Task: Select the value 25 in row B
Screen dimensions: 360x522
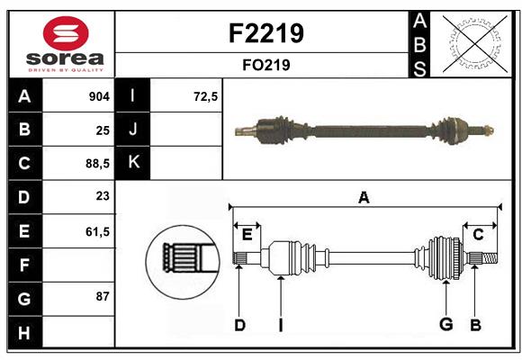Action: pyautogui.click(x=103, y=130)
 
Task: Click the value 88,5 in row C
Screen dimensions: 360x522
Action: pyautogui.click(x=95, y=164)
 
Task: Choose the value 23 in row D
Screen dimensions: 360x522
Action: pyautogui.click(x=103, y=197)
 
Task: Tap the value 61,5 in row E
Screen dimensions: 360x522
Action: pyautogui.click(x=96, y=231)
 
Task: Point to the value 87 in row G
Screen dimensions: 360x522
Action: pyautogui.click(x=103, y=296)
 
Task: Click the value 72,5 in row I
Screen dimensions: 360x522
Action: pyautogui.click(x=206, y=96)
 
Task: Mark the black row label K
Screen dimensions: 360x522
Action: pyautogui.click(x=134, y=163)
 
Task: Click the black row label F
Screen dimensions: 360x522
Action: pyautogui.click(x=24, y=265)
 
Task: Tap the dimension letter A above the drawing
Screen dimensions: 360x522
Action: pyautogui.click(x=364, y=197)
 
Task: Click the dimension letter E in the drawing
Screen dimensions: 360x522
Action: pyautogui.click(x=247, y=234)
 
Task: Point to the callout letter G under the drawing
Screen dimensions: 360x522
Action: pyautogui.click(x=444, y=325)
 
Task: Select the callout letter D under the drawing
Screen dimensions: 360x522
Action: pyautogui.click(x=239, y=325)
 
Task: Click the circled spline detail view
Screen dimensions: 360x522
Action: pyautogui.click(x=182, y=260)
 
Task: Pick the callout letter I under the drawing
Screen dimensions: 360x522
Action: pyautogui.click(x=281, y=325)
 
